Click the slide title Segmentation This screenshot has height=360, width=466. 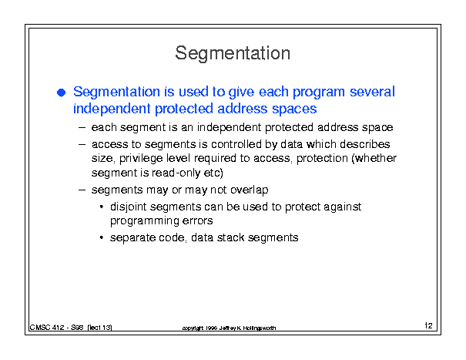pos(233,53)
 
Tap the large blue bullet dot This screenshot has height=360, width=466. pos(61,93)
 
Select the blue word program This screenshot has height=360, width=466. pos(319,93)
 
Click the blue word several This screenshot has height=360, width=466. pos(372,91)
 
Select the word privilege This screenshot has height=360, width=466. pos(141,159)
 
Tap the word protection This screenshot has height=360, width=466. pos(322,159)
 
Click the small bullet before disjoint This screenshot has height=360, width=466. pos(102,206)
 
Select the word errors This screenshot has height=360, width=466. pos(197,220)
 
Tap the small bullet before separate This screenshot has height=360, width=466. pos(102,237)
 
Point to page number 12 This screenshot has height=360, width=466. pos(428,325)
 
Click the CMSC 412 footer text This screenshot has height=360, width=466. pos(71,328)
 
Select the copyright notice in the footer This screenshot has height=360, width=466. pos(229,328)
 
